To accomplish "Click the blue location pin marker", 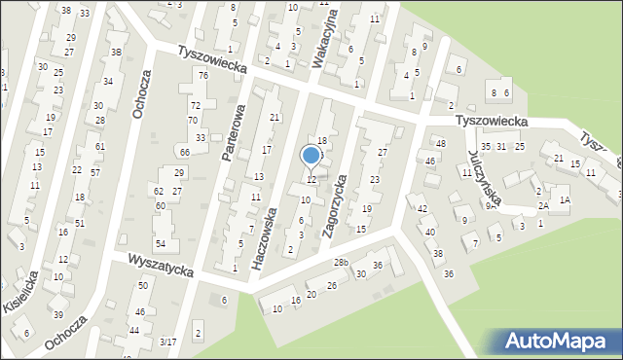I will pos(311,156).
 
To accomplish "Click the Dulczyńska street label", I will pos(483,178).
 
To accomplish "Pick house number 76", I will pos(202,76).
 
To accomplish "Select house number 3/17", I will pos(168,342).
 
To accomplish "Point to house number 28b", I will pos(341,263).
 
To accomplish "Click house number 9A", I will pos(492,205).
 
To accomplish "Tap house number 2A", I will pos(544,205).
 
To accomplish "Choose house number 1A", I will pos(564,199).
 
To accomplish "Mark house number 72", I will pos(195,105).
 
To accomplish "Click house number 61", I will pos(99,146).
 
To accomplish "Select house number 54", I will pos(161,243).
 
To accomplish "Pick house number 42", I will pos(421,209).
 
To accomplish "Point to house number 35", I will pos(486,146).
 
